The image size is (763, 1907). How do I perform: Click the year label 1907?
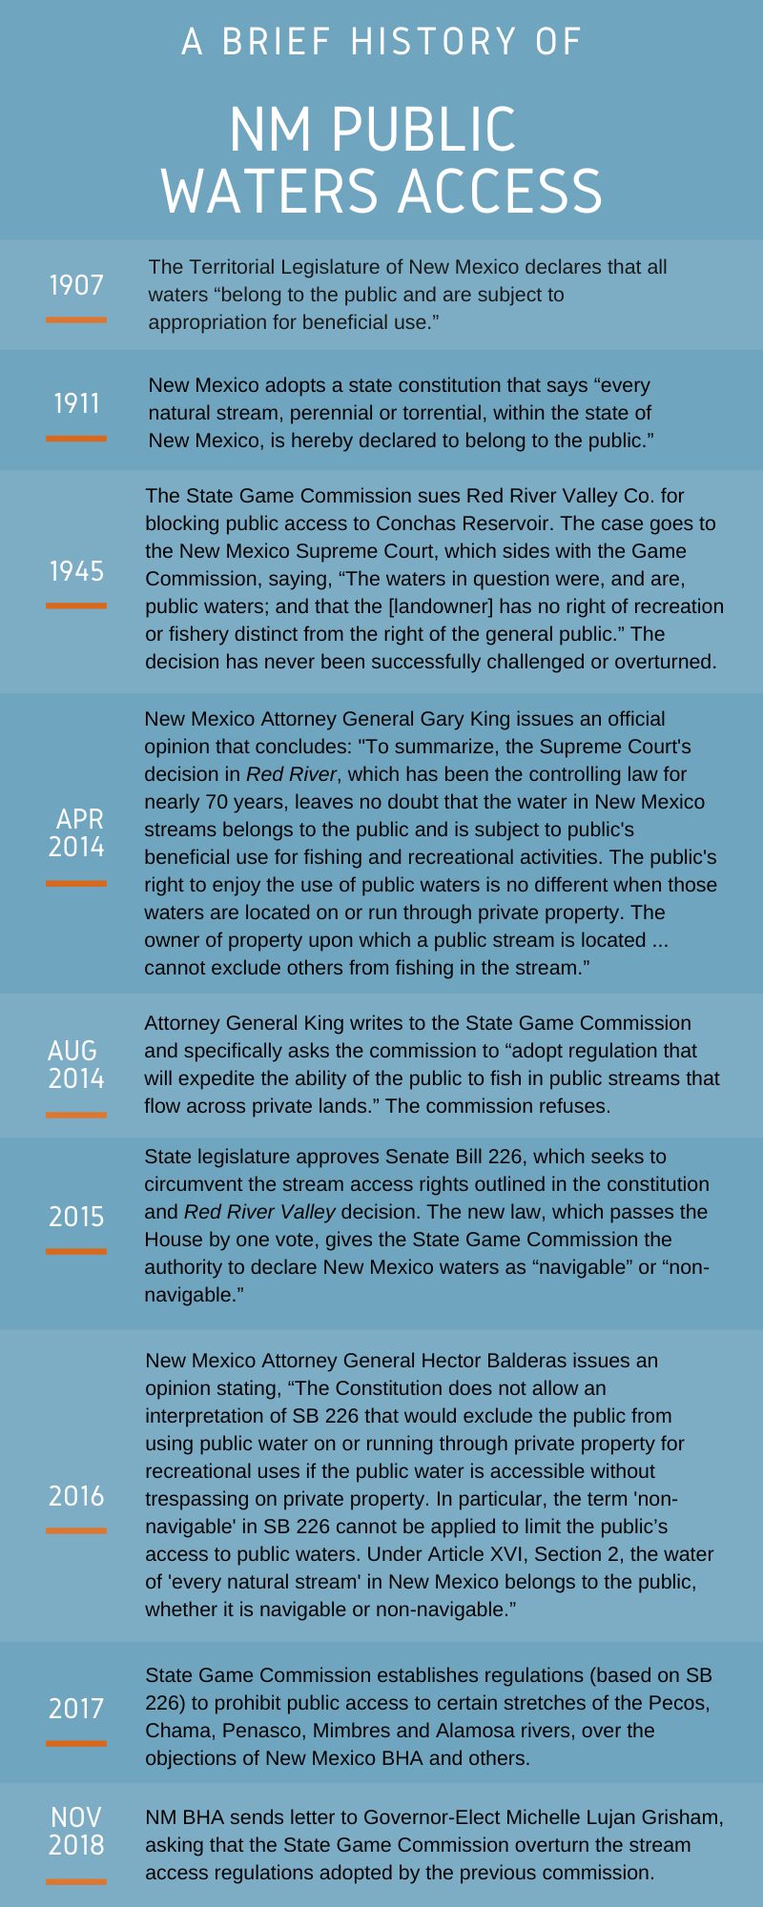click(76, 285)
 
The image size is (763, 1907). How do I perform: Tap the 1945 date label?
click(76, 571)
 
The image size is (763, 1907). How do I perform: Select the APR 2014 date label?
click(76, 832)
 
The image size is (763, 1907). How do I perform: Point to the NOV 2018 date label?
click(76, 1831)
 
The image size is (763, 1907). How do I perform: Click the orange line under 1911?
click(76, 439)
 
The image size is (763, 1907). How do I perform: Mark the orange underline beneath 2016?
click(76, 1530)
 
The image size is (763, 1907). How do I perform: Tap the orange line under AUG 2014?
click(76, 1115)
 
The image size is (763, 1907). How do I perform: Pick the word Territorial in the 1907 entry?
click(236, 267)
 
